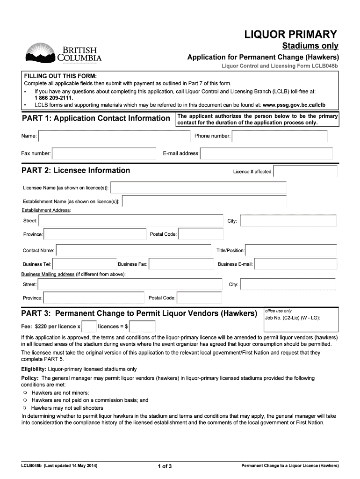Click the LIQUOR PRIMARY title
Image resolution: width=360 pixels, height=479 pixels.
pyautogui.click(x=291, y=34)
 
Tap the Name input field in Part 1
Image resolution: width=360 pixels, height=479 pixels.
pyautogui.click(x=114, y=136)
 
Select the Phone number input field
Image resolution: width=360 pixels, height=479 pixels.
pyautogui.click(x=280, y=136)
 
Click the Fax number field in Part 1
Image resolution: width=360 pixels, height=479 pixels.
pyautogui.click(x=104, y=153)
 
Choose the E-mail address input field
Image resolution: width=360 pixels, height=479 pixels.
pyautogui.click(x=266, y=153)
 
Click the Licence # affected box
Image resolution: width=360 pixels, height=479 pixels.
pyautogui.click(x=305, y=172)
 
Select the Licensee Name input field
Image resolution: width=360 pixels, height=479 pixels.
pyautogui.click(x=199, y=188)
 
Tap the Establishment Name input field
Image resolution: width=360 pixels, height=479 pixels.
pyautogui.click(x=204, y=201)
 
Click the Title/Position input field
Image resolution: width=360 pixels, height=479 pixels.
pyautogui.click(x=291, y=251)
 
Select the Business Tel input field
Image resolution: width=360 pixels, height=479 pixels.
pyautogui.click(x=85, y=264)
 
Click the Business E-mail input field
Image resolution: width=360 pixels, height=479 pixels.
pyautogui.click(x=295, y=264)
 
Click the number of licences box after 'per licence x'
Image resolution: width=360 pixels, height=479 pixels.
pyautogui.click(x=89, y=326)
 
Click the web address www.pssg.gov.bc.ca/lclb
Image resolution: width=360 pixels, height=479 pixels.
pyautogui.click(x=294, y=105)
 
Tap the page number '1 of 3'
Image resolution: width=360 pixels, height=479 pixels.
pyautogui.click(x=166, y=466)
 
